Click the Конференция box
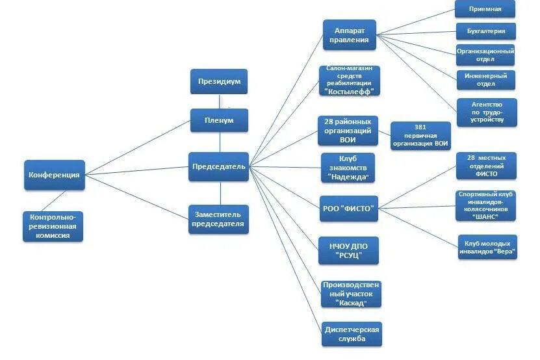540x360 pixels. [x=55, y=175]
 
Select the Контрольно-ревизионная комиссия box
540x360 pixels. [x=55, y=226]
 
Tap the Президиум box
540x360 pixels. [x=220, y=82]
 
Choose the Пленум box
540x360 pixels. [x=220, y=120]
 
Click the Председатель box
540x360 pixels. [x=219, y=166]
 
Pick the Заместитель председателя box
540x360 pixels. [x=219, y=219]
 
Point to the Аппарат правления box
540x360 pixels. [x=350, y=35]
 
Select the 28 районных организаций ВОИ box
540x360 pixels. [x=348, y=131]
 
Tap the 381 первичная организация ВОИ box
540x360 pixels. [x=420, y=136]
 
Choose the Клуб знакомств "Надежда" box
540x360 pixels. [x=348, y=168]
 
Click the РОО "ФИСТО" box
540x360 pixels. [x=348, y=208]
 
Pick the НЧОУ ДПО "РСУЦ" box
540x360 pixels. [x=348, y=250]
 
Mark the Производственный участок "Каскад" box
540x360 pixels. [x=352, y=294]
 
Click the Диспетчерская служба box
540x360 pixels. [x=352, y=334]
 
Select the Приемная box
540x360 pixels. [x=485, y=9]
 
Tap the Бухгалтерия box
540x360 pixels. [x=485, y=31]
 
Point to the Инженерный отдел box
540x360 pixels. [x=485, y=79]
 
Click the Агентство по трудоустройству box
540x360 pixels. [x=487, y=112]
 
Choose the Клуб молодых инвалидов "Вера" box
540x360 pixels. [x=487, y=246]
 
